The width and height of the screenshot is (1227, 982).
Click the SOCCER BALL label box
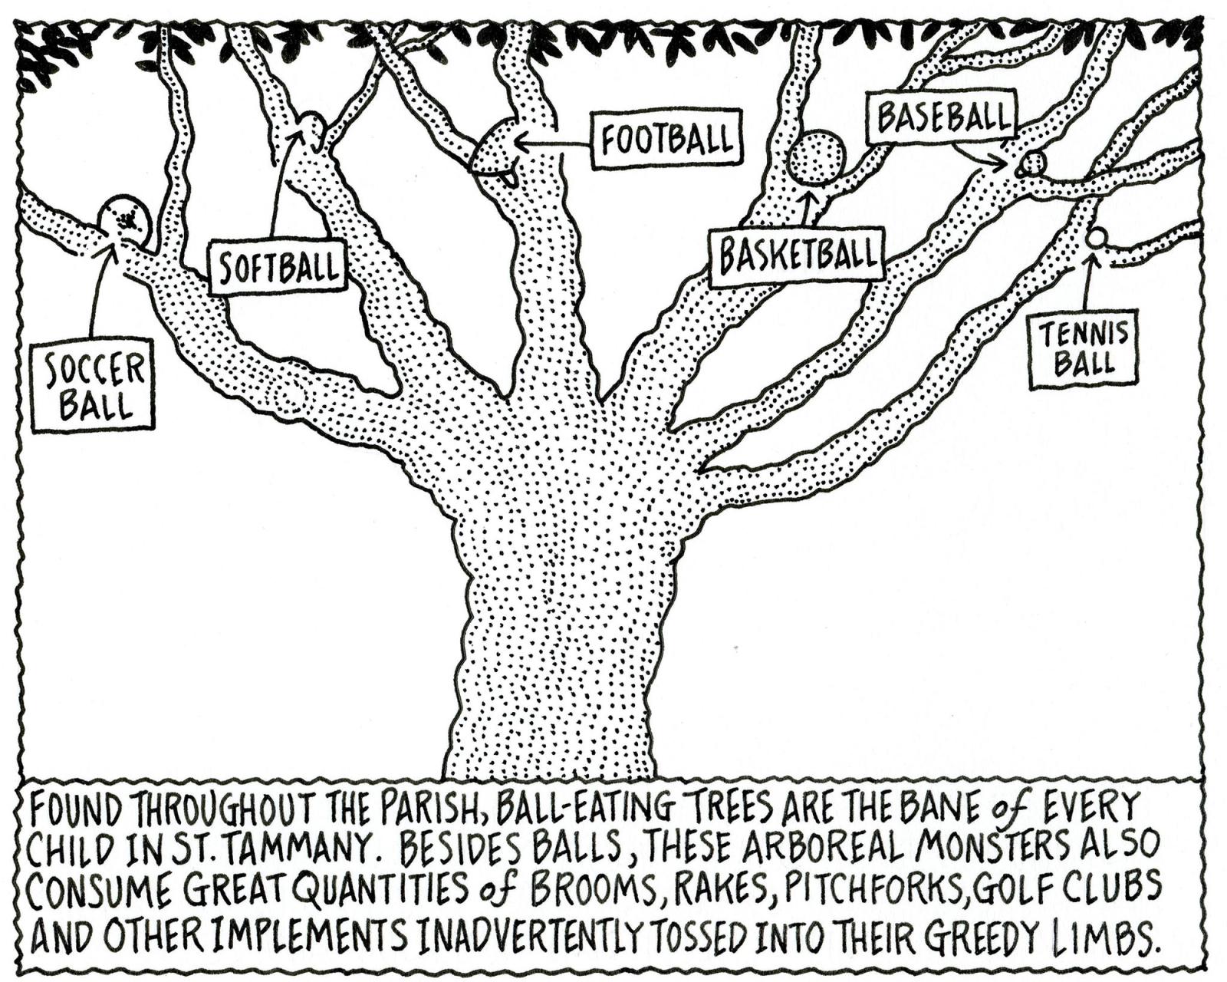[92, 384]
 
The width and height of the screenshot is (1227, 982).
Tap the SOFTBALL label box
[278, 266]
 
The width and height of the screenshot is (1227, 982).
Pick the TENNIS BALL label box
[1084, 348]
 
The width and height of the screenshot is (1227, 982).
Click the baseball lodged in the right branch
[1034, 163]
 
